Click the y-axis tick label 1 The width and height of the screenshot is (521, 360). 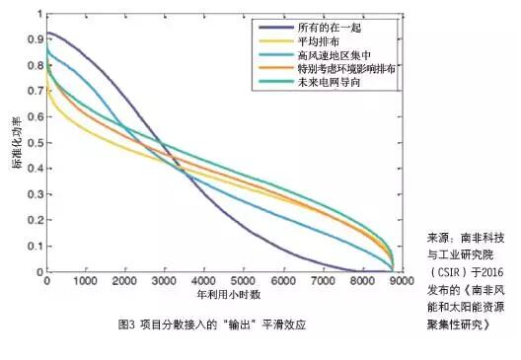pyautogui.click(x=37, y=15)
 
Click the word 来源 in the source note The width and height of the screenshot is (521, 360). pyautogui.click(x=437, y=238)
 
